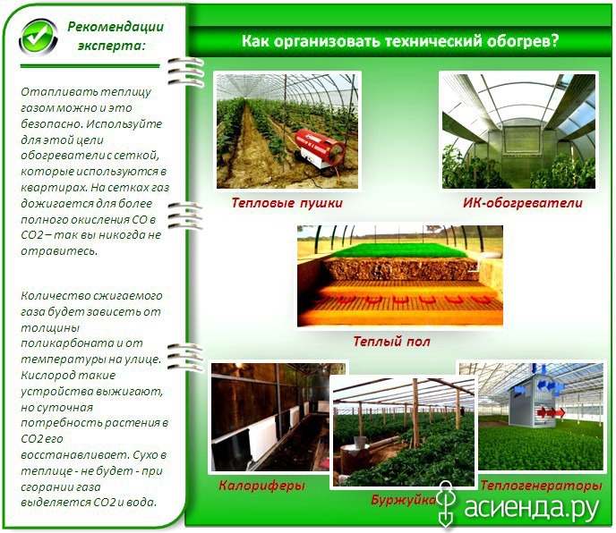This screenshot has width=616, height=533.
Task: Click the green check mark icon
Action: click(x=38, y=37)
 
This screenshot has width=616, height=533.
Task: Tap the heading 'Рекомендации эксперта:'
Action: click(x=115, y=36)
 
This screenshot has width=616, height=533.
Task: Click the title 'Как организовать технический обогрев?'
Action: click(x=399, y=41)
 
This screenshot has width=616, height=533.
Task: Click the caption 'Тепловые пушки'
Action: click(x=287, y=203)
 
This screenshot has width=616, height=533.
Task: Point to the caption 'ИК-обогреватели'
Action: click(x=523, y=203)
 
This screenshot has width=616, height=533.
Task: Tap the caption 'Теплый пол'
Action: click(x=391, y=341)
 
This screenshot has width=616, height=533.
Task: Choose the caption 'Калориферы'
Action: click(x=261, y=486)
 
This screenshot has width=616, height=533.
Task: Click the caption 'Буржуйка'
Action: click(x=404, y=500)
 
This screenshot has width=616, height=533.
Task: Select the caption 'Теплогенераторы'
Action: click(x=541, y=486)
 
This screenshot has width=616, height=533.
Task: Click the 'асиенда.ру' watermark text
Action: click(x=532, y=507)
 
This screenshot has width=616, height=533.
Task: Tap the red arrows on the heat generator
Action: click(x=551, y=412)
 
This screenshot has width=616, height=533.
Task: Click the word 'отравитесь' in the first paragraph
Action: click(x=59, y=250)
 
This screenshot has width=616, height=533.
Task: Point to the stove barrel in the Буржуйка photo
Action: click(x=355, y=459)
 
